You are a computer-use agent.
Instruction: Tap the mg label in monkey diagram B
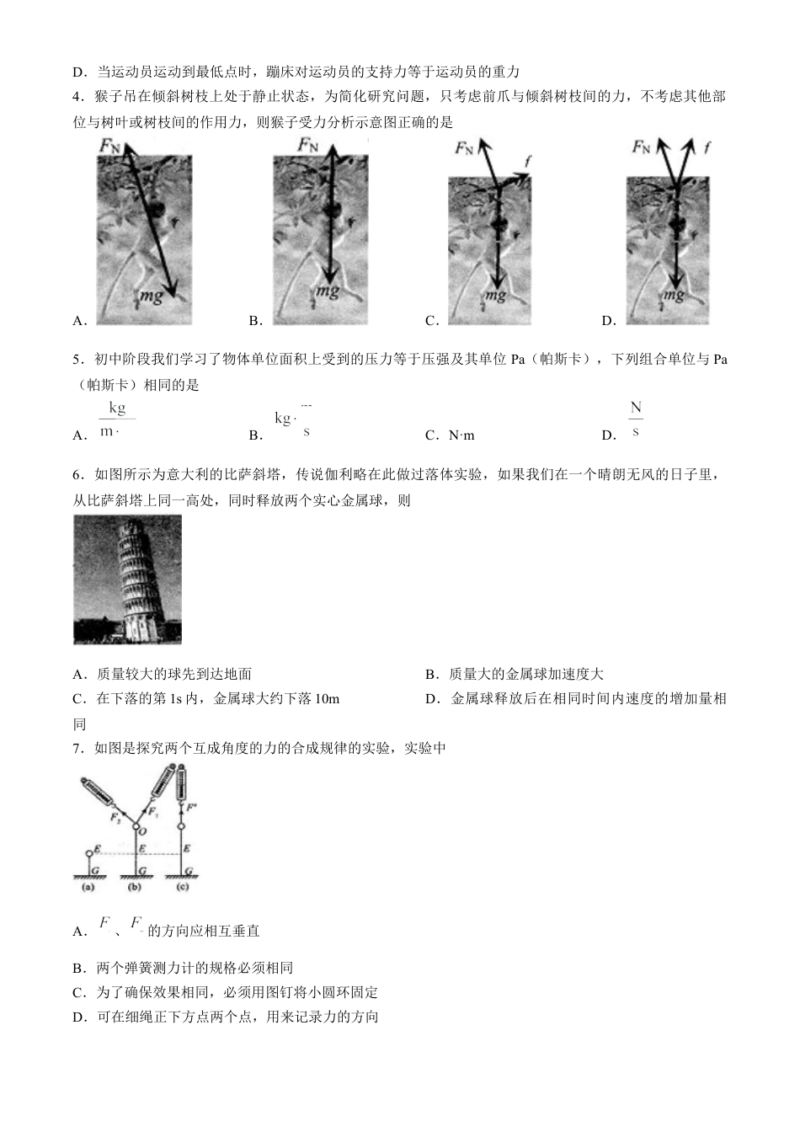[328, 292]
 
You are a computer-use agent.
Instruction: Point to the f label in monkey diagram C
[528, 160]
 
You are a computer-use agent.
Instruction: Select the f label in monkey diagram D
[707, 147]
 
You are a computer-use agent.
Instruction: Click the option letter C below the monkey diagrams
[430, 321]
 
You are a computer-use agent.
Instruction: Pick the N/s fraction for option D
[636, 419]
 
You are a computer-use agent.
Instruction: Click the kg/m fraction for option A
[115, 419]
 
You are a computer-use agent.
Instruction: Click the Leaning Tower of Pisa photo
[127, 579]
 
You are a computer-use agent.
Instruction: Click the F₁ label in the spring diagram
[152, 813]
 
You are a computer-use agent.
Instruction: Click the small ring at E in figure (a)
[89, 853]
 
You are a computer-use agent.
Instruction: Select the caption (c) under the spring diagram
[182, 887]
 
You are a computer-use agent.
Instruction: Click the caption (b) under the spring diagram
[135, 887]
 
